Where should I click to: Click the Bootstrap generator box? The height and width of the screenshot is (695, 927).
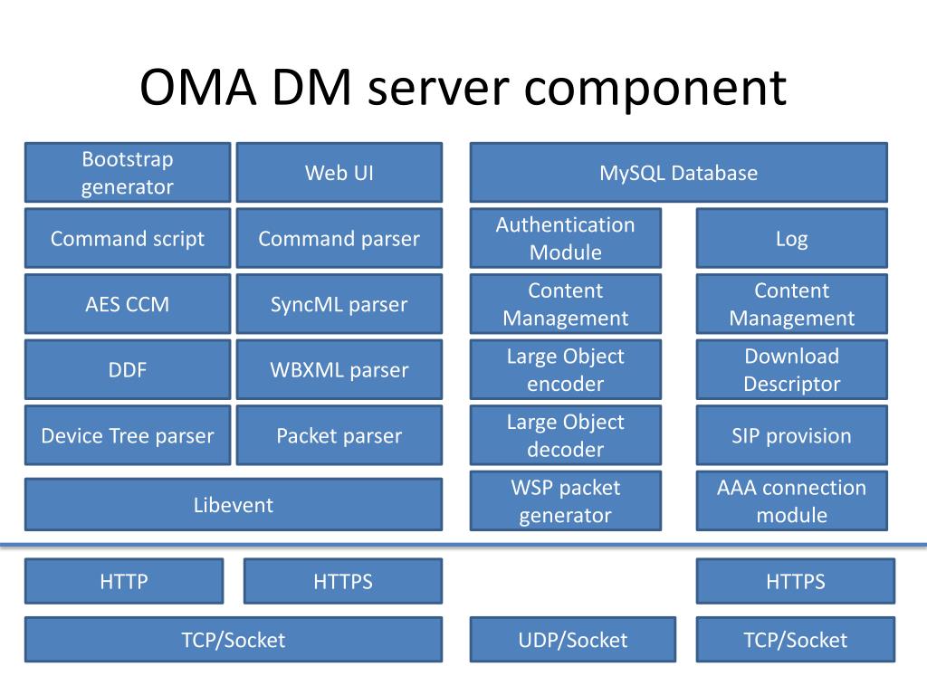pos(128,173)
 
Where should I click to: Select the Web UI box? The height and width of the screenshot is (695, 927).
pos(339,173)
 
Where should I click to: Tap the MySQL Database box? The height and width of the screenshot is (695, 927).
pos(679,173)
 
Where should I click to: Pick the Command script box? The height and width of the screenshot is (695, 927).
pos(128,238)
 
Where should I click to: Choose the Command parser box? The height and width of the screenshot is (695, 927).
pos(339,238)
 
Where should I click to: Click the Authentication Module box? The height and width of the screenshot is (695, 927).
pos(566,238)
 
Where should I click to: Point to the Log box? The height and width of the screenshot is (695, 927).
pos(792,238)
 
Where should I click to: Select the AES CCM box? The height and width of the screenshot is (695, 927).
pos(128,304)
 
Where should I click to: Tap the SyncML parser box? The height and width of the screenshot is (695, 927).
pos(339,304)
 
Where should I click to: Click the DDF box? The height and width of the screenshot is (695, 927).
pos(128,369)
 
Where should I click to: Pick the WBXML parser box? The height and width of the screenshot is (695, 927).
pos(339,369)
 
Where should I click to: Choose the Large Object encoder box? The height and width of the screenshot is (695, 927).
pos(566,369)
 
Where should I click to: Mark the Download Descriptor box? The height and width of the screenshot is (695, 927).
pos(792,369)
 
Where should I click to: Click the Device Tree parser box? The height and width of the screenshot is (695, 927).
pos(128,435)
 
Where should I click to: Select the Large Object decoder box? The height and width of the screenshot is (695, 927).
pos(566,435)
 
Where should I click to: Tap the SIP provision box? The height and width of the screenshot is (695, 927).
pos(792,435)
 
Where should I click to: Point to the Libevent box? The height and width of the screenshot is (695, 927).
pos(234,504)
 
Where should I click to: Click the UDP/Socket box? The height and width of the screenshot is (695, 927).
pos(573,640)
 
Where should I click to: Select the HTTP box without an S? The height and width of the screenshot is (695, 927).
pos(124,581)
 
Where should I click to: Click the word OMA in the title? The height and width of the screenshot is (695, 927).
pos(198,87)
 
